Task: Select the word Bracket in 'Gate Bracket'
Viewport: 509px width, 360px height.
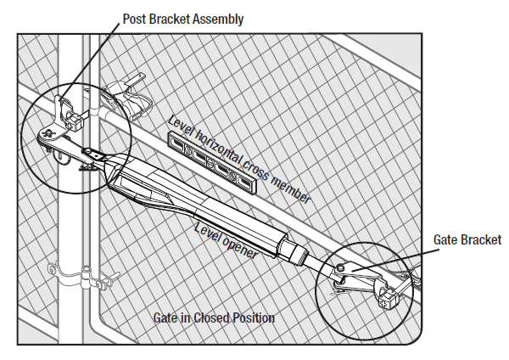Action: coord(480,240)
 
